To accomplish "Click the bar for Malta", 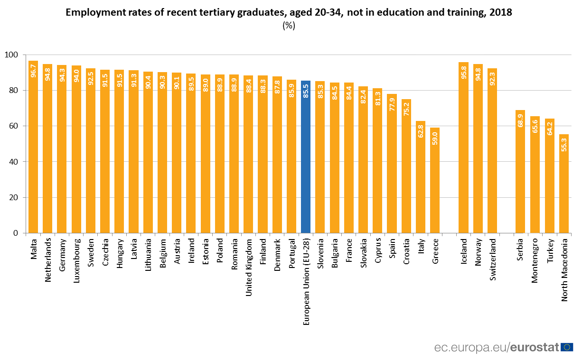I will coord(33,147).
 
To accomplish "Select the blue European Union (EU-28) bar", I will coord(306,157).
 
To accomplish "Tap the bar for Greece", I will coord(435,180).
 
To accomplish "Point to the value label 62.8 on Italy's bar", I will coord(421,130).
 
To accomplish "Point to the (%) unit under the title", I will coord(289,26).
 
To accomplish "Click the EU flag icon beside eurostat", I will coord(566,347).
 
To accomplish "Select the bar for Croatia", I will coord(406,166).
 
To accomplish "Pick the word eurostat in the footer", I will coord(535,348).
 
